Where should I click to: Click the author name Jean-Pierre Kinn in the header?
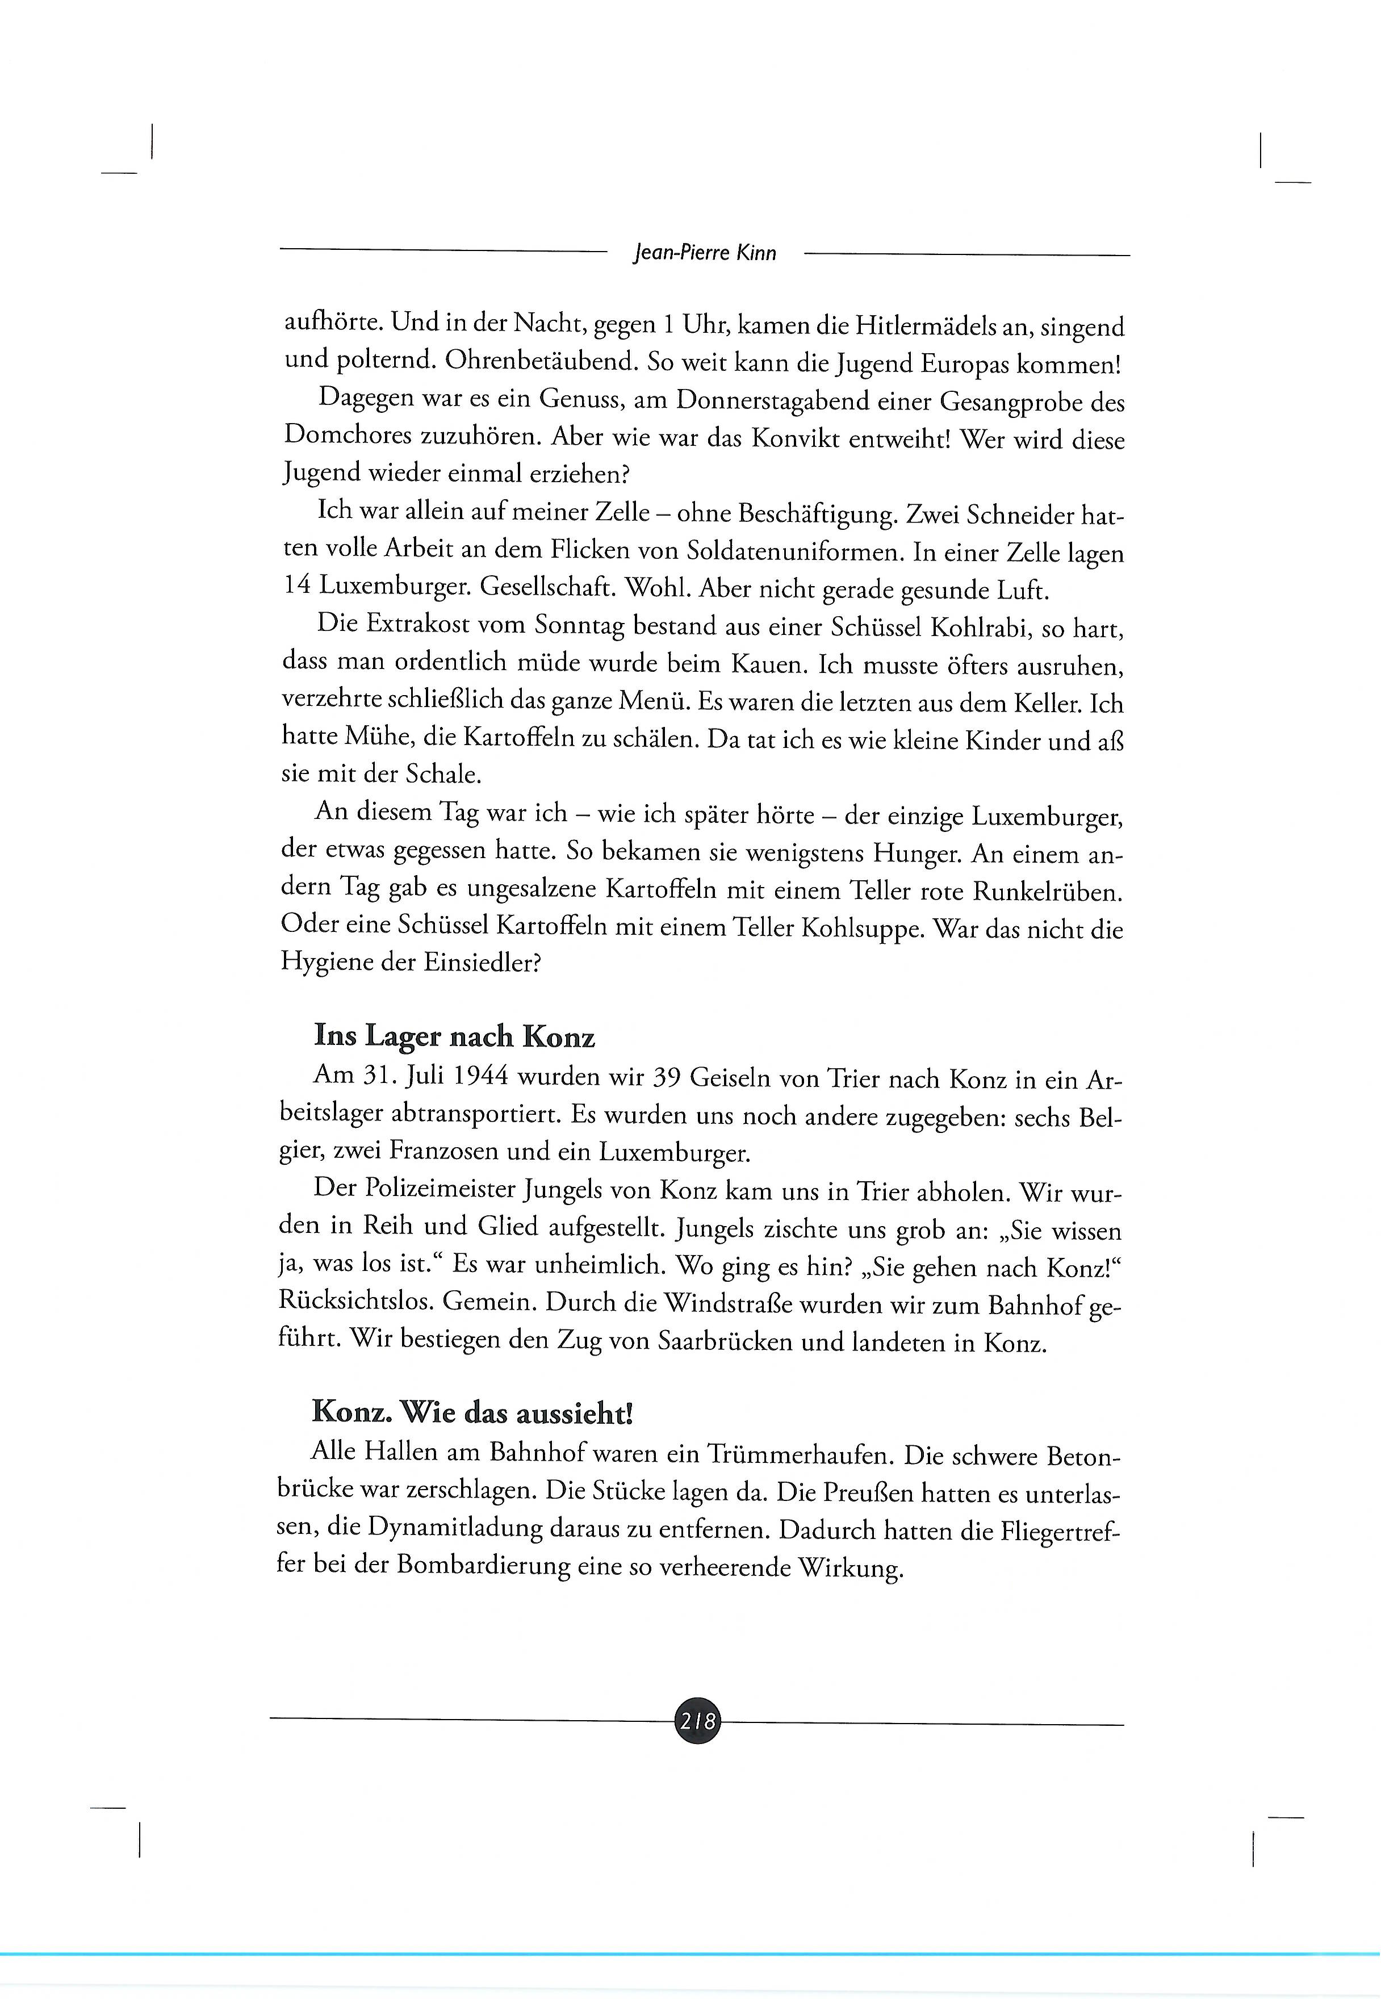pos(705,253)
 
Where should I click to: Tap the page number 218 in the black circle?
pos(697,1722)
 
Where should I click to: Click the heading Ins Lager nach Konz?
pos(454,1037)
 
